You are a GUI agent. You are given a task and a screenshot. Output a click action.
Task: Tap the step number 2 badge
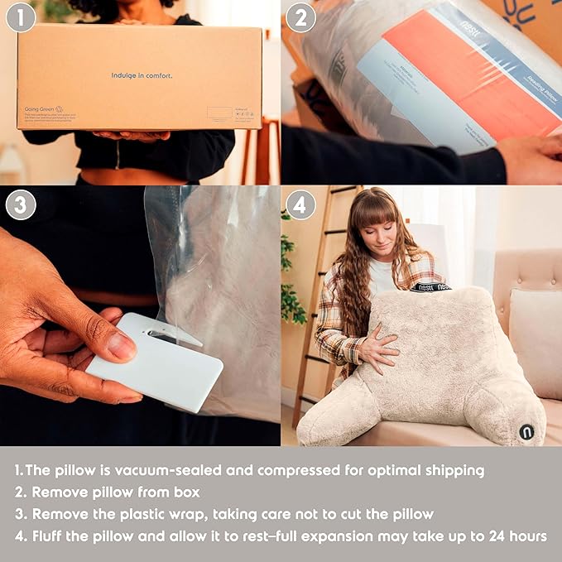(300, 17)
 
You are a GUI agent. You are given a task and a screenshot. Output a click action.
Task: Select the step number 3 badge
(21, 204)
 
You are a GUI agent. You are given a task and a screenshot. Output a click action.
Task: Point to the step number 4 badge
(300, 204)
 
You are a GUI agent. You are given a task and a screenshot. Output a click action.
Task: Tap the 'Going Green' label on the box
(39, 108)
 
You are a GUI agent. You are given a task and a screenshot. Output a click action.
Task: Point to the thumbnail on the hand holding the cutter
(120, 347)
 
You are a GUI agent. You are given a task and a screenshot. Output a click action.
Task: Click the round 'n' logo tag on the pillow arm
(526, 430)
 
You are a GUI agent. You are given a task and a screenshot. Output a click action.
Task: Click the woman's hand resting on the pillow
(377, 349)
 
